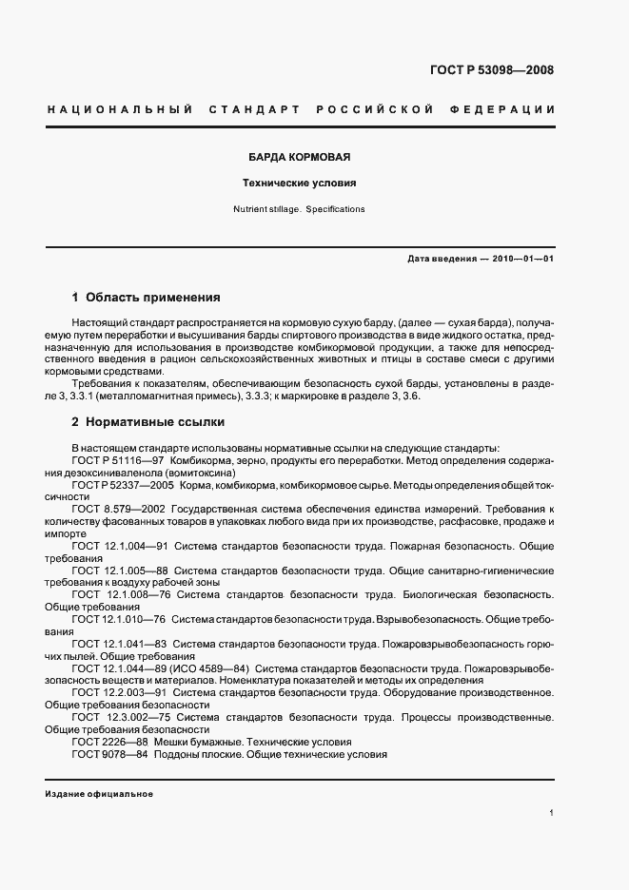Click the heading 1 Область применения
point(146,297)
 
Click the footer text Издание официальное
point(99,794)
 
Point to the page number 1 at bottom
point(552,813)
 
